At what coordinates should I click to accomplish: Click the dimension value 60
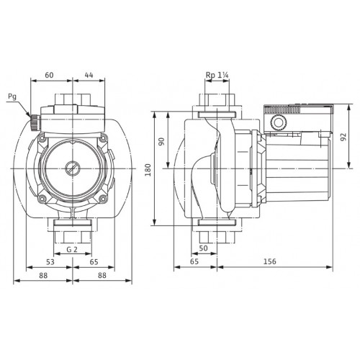tap(49, 75)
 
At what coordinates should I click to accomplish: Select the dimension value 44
tap(89, 75)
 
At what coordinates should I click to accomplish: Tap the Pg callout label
tap(12, 97)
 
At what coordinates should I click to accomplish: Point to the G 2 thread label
tap(72, 250)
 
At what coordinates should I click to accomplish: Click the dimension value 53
tap(50, 262)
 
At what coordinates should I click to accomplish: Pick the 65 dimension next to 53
tap(94, 262)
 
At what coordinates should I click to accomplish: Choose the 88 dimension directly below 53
tap(43, 275)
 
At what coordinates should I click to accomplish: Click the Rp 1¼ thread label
tap(217, 75)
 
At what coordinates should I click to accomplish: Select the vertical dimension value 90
tap(161, 141)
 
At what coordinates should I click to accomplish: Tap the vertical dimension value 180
tap(148, 170)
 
